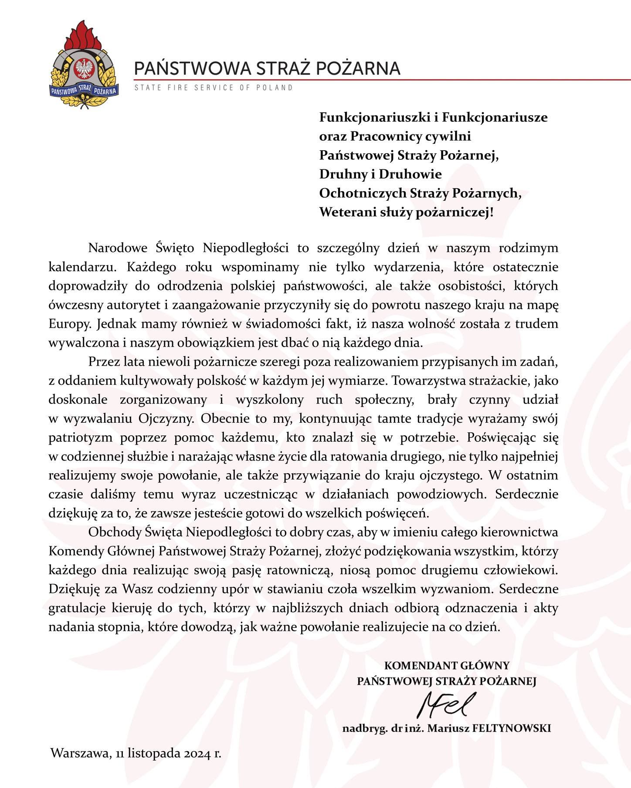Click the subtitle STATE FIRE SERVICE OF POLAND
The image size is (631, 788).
pyautogui.click(x=213, y=88)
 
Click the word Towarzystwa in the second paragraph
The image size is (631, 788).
pyautogui.click(x=427, y=381)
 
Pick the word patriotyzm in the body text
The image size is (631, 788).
pyautogui.click(x=80, y=438)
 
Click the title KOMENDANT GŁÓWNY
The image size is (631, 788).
pyautogui.click(x=447, y=666)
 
